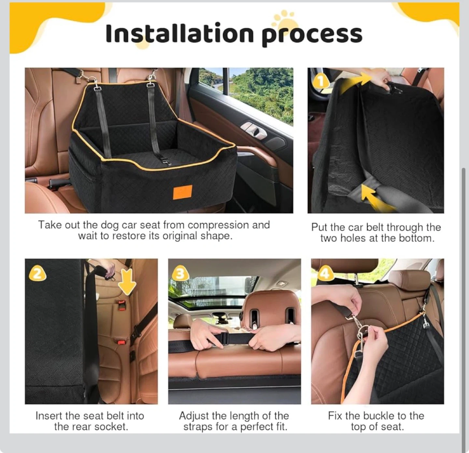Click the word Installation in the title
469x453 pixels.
[x=180, y=34]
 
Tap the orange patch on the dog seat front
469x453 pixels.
[x=182, y=192]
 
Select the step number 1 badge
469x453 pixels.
[x=321, y=81]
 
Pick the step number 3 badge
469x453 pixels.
[x=180, y=274]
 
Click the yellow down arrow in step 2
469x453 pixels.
[x=127, y=281]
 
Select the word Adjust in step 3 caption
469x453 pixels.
[x=194, y=416]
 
